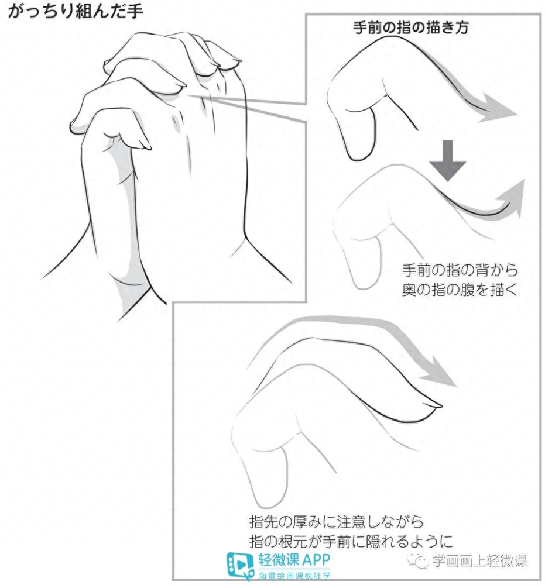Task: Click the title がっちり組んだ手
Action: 76,11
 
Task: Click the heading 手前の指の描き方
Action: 410,27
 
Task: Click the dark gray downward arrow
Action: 448,160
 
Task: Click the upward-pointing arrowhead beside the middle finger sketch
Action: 513,196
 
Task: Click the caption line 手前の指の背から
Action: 460,270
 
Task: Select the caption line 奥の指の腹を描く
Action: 460,290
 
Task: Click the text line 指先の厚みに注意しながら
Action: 337,522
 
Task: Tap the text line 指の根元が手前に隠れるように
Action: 351,541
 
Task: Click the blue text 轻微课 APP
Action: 294,560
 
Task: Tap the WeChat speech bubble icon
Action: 417,560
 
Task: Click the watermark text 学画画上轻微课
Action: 479,561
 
